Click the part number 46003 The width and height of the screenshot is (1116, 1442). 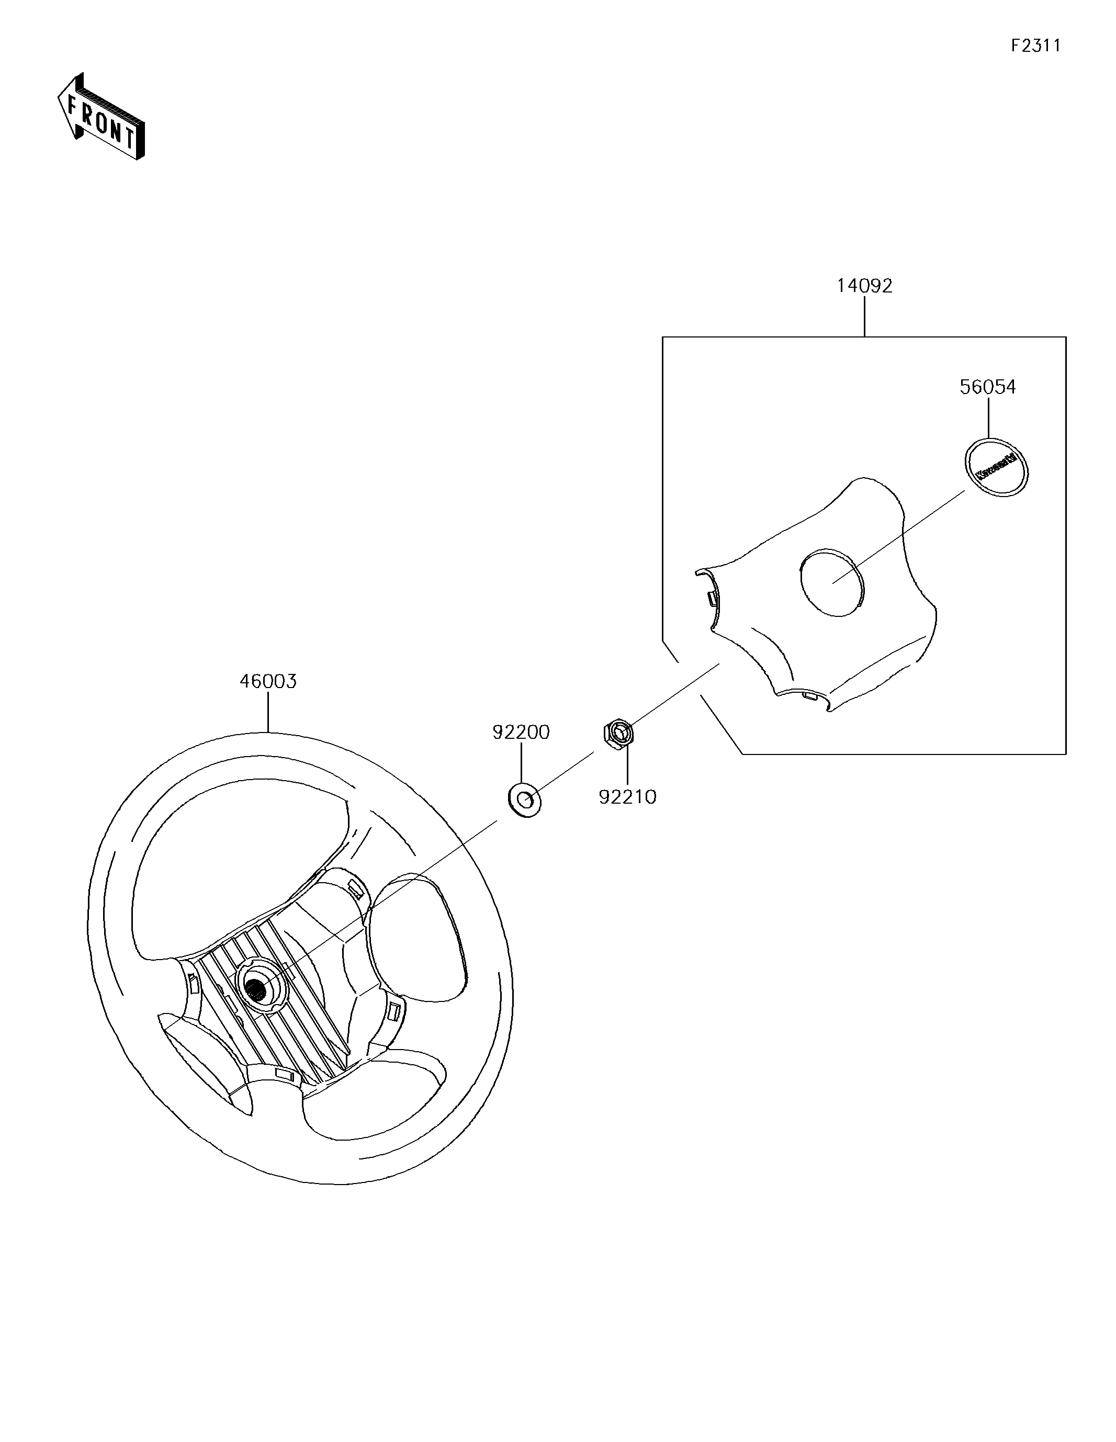point(267,681)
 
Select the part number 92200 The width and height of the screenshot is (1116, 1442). point(521,731)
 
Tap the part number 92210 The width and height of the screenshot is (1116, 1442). point(627,797)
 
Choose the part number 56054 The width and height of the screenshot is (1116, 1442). point(987,387)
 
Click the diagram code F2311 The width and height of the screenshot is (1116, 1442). point(1035,46)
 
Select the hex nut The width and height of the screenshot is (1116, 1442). point(619,733)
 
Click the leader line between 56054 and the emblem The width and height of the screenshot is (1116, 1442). point(988,418)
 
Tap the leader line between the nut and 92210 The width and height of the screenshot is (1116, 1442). point(627,766)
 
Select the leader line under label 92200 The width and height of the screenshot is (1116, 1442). point(521,763)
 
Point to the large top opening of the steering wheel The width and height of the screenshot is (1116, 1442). point(238,865)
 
